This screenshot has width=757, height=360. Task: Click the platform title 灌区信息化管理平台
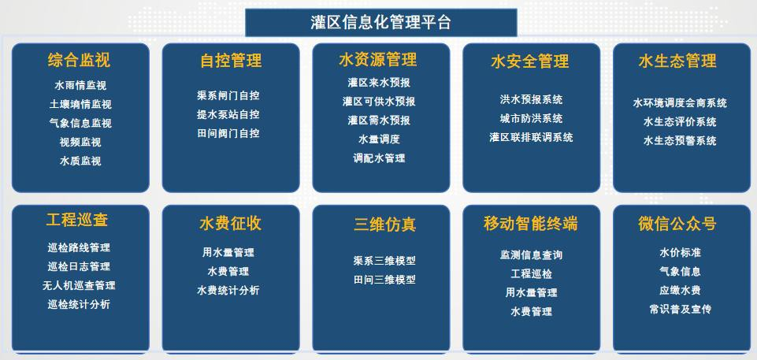coord(381,22)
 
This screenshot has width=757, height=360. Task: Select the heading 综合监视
coord(79,60)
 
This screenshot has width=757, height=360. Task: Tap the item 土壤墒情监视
coord(80,104)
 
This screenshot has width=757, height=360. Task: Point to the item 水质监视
coord(80,161)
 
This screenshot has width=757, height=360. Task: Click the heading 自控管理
coord(231,61)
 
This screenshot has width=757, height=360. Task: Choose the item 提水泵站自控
coord(228,114)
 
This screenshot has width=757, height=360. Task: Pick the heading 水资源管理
coord(378,60)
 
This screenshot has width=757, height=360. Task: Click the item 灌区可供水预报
coord(379,102)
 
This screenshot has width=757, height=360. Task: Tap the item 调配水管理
coord(379,158)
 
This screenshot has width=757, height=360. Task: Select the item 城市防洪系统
coord(531,118)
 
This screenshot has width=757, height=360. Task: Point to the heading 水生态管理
coord(677,61)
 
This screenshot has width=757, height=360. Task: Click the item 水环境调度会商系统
coord(680,102)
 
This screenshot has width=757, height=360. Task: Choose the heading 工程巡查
coord(77,220)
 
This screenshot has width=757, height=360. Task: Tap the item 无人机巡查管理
coord(79,285)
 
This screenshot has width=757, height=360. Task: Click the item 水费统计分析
coord(228,290)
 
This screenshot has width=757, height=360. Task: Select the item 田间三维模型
coord(384,280)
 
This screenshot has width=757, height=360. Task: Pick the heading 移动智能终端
coord(531,224)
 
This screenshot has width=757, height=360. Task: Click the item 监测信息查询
coord(531,254)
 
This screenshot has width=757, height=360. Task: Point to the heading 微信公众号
coord(677,224)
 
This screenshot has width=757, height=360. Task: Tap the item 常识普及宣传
coord(681,309)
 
